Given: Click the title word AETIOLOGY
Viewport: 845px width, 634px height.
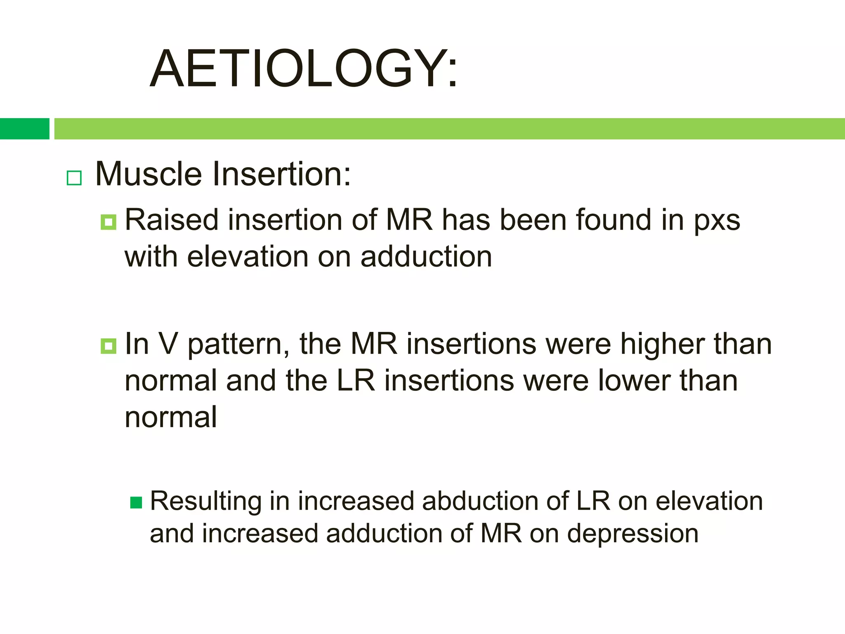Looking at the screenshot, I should (x=303, y=69).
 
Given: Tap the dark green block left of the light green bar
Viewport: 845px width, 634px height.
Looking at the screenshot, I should (x=24, y=129).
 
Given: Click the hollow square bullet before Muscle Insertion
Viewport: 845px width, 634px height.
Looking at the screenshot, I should (x=74, y=178).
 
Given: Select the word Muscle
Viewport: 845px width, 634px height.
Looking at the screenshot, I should (x=149, y=174).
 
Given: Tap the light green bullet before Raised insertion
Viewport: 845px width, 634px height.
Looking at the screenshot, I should (x=109, y=222).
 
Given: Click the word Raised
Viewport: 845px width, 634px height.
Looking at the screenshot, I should (x=171, y=220).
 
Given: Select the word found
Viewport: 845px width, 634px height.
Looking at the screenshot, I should (x=614, y=220).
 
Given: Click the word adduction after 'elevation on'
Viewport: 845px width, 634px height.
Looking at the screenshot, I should (x=426, y=257).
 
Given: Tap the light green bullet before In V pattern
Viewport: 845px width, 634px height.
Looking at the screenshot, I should (x=109, y=346).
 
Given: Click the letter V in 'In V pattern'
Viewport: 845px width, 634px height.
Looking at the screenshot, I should (x=168, y=343).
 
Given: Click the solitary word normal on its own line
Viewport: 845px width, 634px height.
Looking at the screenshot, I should (x=171, y=417).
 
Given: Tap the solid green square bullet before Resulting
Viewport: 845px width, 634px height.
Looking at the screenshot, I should (x=136, y=503).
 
